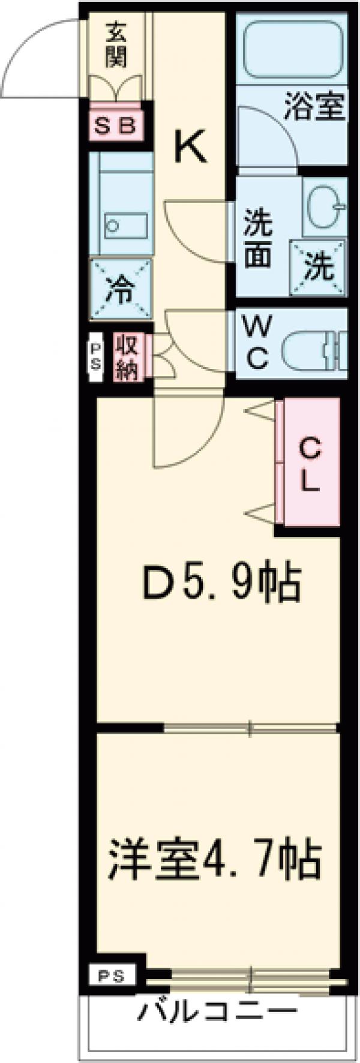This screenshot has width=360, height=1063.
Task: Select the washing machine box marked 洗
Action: [x=318, y=268]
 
